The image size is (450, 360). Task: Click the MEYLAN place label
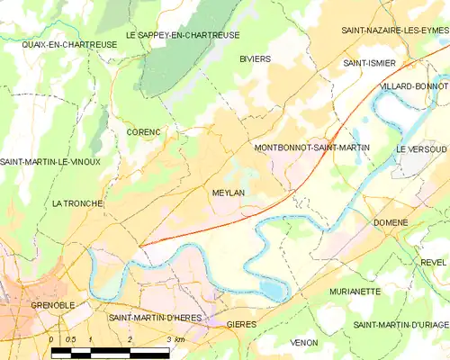(229, 193)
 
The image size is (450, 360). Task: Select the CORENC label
(143, 132)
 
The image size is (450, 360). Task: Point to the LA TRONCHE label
(79, 203)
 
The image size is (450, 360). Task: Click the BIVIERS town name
(255, 58)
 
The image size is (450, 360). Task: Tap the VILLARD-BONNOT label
(413, 85)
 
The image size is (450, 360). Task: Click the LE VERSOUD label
(420, 148)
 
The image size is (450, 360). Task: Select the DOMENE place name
(391, 222)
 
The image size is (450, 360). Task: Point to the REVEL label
(432, 262)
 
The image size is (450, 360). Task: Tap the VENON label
(304, 343)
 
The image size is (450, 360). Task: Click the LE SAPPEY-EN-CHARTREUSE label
(182, 35)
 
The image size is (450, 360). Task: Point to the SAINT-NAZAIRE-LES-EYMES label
(394, 31)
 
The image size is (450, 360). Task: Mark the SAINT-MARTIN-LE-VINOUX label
(50, 162)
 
